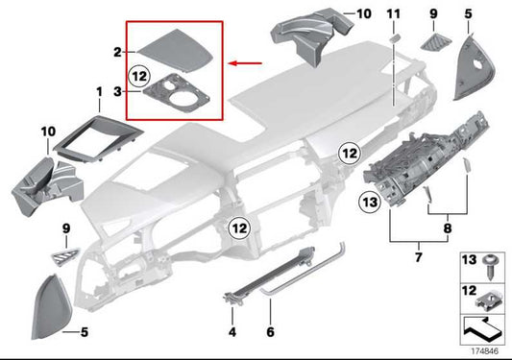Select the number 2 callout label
click(x=116, y=50)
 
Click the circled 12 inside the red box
click(x=138, y=71)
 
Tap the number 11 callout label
click(x=391, y=12)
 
